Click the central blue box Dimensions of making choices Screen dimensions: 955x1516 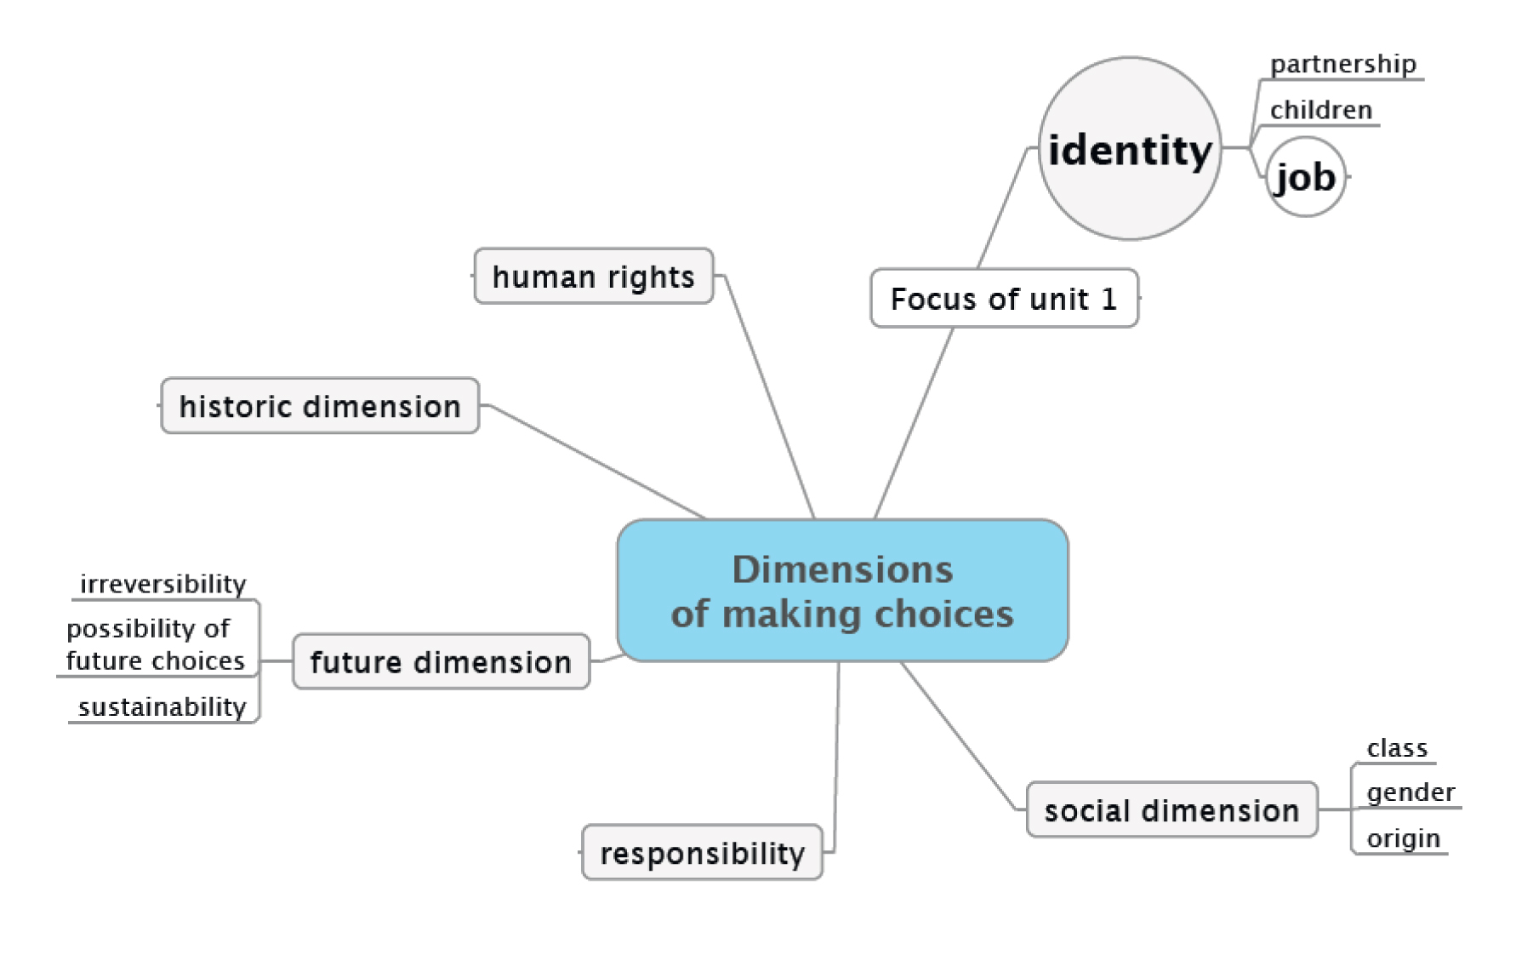[842, 591]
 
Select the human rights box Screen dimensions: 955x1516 [593, 277]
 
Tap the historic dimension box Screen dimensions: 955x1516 [320, 406]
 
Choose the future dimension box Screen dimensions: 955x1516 [441, 661]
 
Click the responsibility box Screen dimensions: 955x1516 [702, 853]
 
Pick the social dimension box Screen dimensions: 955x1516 [1171, 810]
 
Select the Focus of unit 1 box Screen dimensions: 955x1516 [1004, 299]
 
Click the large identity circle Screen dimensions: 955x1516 [1130, 150]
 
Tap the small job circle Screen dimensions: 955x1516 [1306, 177]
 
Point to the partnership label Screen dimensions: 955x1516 [1342, 65]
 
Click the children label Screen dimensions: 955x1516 [1320, 111]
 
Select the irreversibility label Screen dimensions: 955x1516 [162, 584]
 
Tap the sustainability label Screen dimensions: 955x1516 [162, 707]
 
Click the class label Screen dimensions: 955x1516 [1397, 748]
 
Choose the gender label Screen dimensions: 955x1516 [1411, 792]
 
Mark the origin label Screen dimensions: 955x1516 [1403, 838]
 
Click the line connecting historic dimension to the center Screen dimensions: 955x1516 [596, 460]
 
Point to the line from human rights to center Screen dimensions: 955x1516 [770, 396]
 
